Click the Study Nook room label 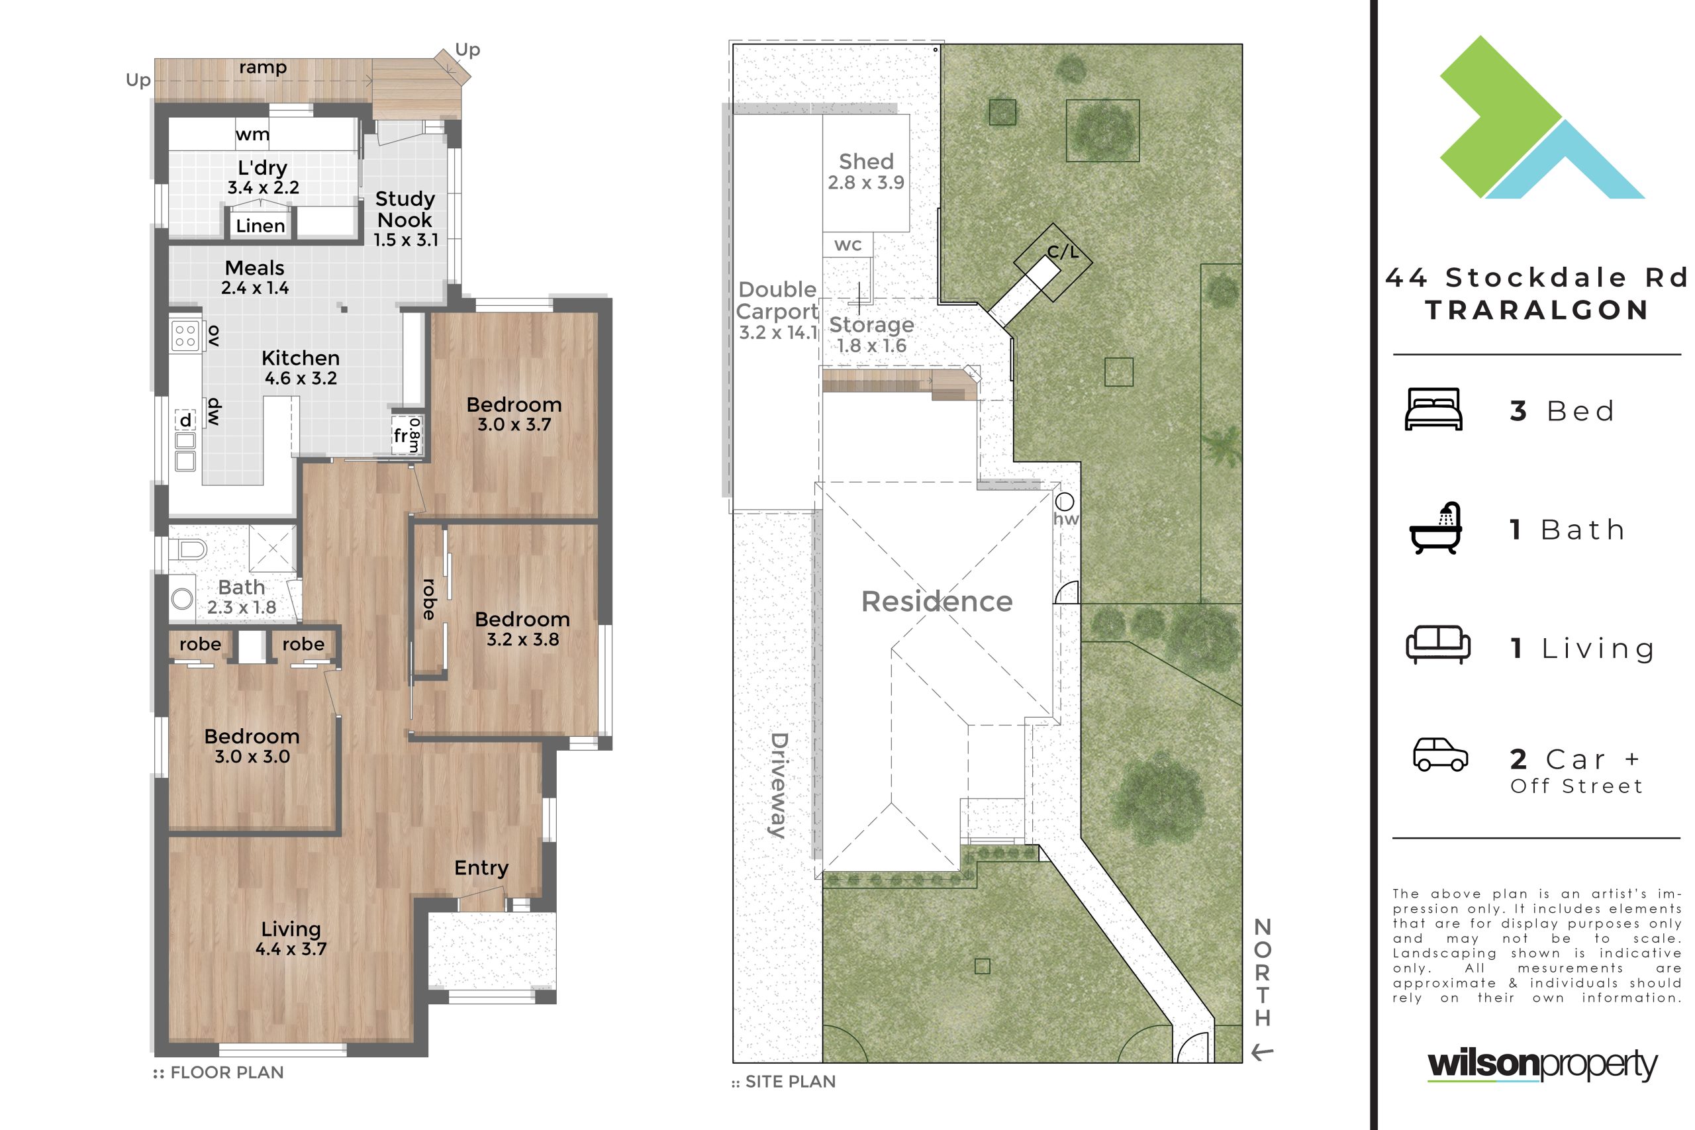(405, 209)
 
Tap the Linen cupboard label (260, 226)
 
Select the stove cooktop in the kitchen (185, 336)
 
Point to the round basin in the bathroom (182, 598)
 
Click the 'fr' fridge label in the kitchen (400, 436)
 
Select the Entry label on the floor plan (481, 868)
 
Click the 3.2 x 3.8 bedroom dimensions (522, 639)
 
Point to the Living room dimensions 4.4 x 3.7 (291, 949)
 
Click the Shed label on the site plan (866, 162)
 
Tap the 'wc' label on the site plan (847, 245)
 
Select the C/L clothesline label (1063, 252)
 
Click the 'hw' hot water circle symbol (1065, 502)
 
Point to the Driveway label (779, 786)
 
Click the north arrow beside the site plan (1263, 1053)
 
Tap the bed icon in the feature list (1433, 409)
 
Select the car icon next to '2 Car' (1441, 755)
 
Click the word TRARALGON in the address (1537, 310)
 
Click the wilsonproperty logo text (1542, 1065)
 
